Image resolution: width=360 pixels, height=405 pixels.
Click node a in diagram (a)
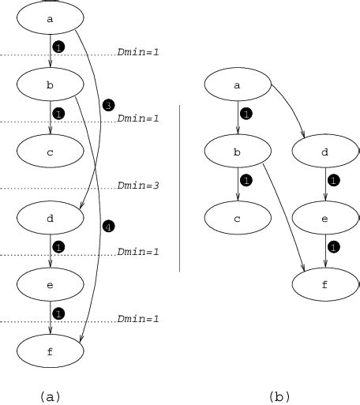[50, 17]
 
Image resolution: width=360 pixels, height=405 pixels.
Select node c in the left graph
[50, 152]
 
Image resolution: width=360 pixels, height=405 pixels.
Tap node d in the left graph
[50, 219]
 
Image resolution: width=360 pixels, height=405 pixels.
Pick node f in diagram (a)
[50, 352]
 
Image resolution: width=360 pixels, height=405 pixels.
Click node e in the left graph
[50, 285]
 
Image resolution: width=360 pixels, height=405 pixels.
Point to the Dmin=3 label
[139, 186]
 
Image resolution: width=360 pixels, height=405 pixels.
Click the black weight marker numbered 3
[109, 105]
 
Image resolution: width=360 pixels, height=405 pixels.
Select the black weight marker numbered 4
[109, 227]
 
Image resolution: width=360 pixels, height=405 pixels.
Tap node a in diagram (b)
[237, 84]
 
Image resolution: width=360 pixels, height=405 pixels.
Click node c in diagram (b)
[237, 218]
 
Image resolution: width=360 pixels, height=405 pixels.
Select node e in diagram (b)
[324, 218]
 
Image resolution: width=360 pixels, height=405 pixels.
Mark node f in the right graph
[324, 284]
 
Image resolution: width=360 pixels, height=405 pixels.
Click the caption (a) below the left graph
[50, 396]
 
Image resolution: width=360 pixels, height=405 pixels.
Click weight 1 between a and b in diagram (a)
[58, 47]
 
